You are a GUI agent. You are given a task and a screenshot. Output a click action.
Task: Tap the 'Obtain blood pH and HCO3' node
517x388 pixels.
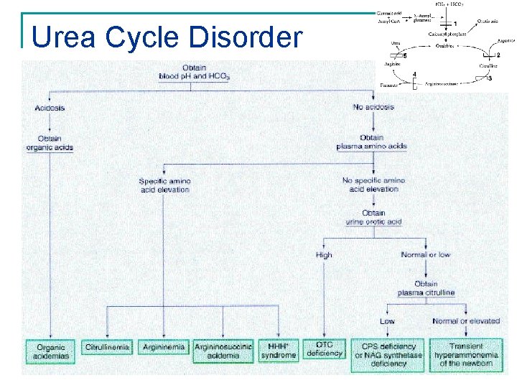(x=195, y=73)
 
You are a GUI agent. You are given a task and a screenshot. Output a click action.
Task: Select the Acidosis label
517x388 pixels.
(x=50, y=108)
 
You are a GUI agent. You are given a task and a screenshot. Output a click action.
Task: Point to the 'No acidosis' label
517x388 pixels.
(x=373, y=108)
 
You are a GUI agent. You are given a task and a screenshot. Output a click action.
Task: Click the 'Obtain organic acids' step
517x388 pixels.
(x=50, y=143)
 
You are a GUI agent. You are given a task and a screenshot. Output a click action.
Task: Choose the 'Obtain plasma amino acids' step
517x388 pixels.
(x=372, y=142)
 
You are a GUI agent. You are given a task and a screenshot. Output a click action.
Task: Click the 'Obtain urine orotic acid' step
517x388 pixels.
(x=373, y=217)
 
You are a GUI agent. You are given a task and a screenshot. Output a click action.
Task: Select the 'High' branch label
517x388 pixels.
(x=324, y=255)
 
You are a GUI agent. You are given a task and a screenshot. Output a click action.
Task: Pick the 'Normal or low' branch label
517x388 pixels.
(x=425, y=255)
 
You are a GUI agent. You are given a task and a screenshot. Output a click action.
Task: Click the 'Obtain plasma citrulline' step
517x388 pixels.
(x=425, y=288)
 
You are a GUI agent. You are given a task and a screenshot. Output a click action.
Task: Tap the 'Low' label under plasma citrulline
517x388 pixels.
(x=387, y=321)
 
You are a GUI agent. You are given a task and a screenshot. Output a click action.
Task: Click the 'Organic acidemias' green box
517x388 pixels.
(x=51, y=351)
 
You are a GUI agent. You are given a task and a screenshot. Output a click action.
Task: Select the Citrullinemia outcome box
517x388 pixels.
(x=108, y=348)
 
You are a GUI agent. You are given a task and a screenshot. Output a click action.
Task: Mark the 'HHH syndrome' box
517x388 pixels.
(x=278, y=351)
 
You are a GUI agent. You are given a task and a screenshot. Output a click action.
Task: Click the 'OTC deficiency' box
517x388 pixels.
(x=325, y=349)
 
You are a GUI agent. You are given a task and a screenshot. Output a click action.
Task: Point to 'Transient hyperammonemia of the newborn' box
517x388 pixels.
(x=466, y=354)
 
